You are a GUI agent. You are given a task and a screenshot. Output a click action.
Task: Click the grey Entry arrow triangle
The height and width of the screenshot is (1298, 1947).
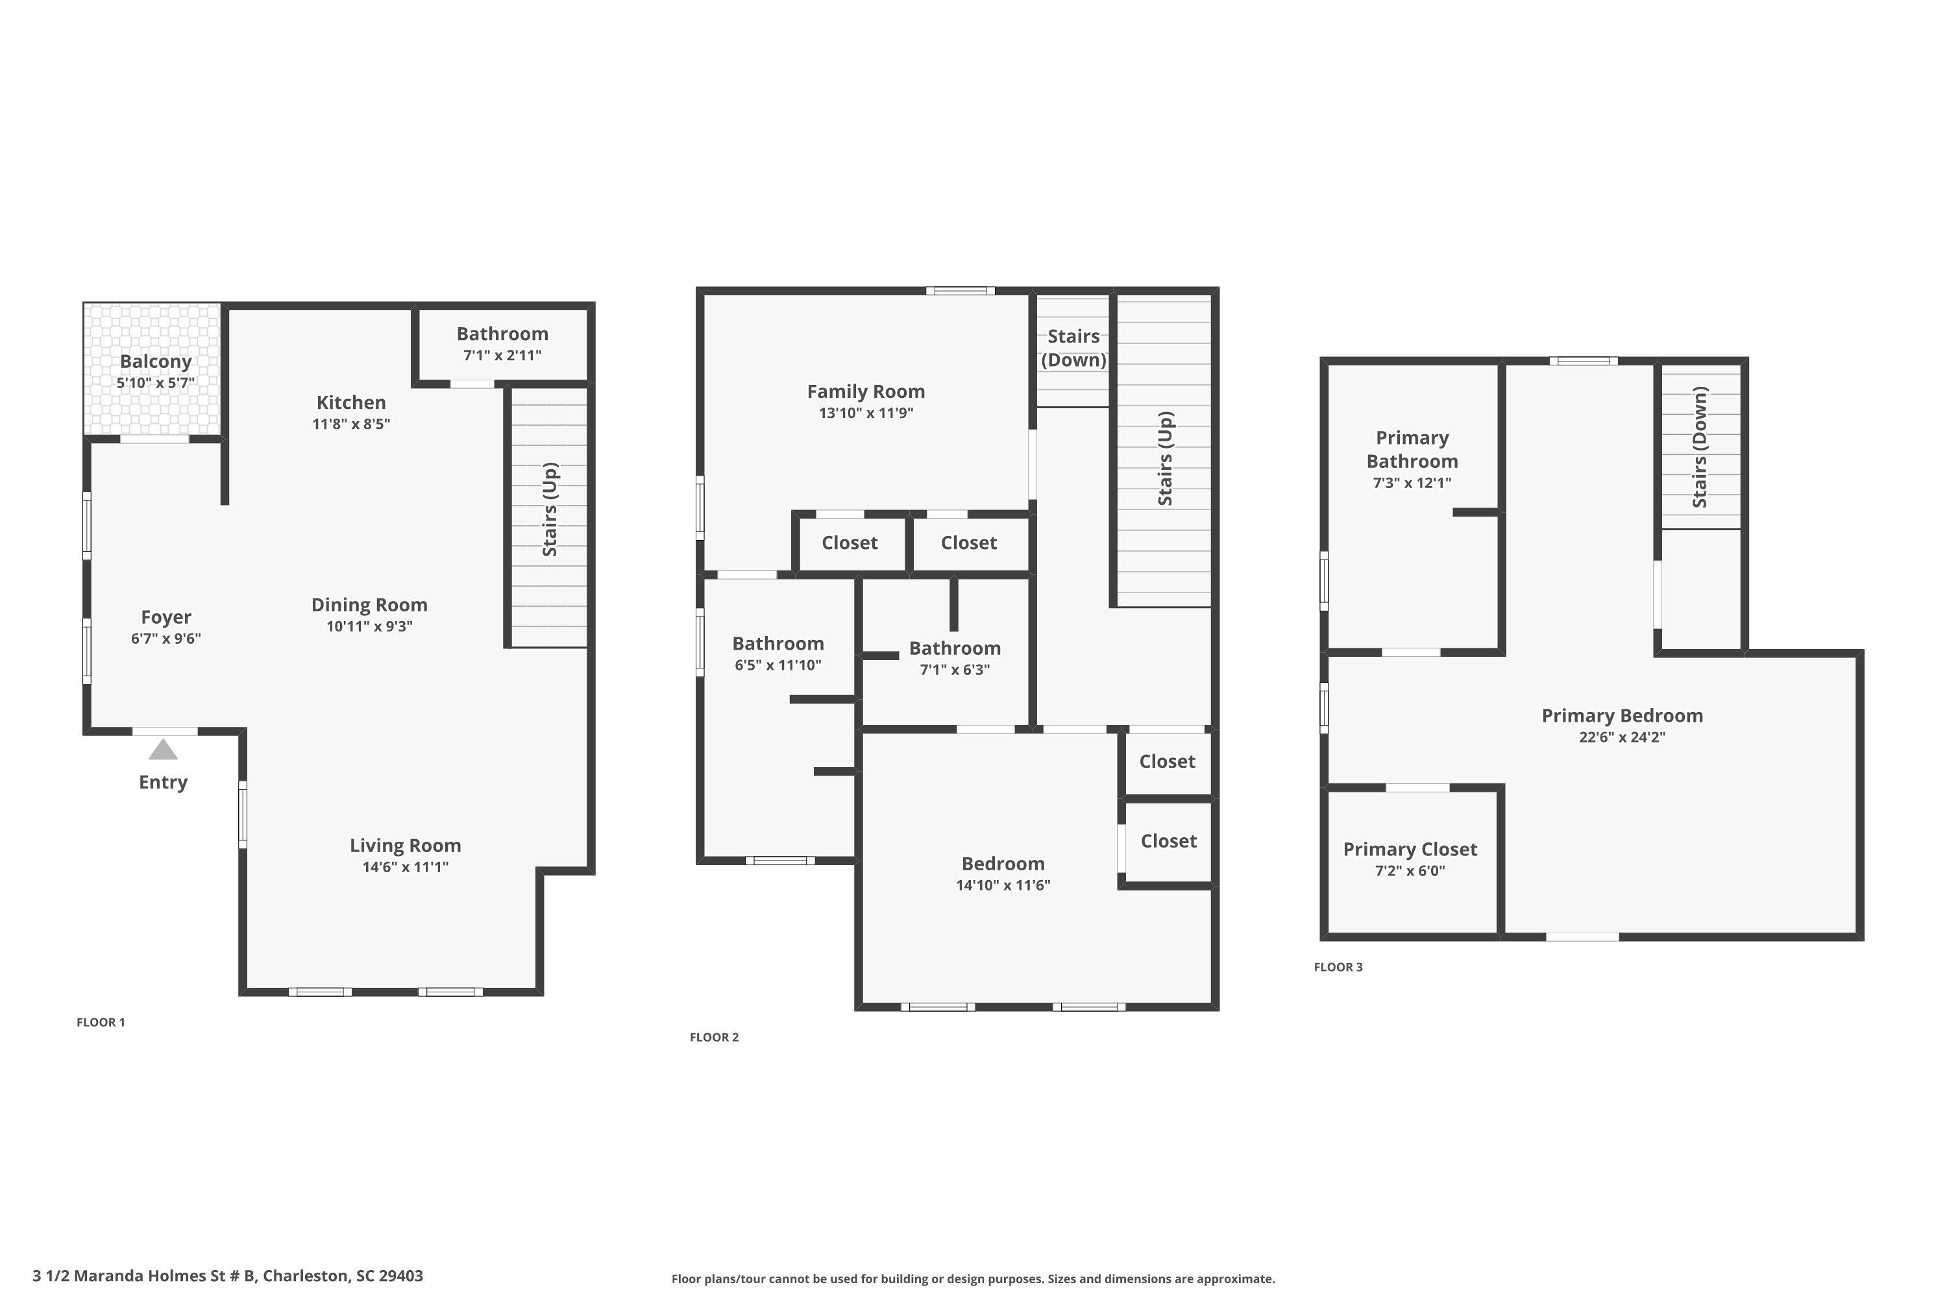click(163, 750)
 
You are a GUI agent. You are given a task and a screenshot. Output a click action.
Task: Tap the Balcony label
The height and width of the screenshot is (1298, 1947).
click(156, 361)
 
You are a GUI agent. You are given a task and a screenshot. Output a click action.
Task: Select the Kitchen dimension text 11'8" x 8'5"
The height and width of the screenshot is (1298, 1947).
click(351, 424)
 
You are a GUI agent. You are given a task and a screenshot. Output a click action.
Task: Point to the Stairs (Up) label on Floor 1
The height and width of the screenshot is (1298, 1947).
click(550, 509)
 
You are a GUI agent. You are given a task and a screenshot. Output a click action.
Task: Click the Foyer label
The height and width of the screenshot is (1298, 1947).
click(165, 618)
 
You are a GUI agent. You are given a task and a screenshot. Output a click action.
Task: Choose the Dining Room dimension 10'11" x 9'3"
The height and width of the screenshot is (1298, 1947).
click(369, 627)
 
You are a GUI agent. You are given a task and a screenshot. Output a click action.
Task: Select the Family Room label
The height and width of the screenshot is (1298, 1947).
click(866, 391)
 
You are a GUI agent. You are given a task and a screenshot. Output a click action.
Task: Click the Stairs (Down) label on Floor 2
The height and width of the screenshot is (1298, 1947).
click(1073, 348)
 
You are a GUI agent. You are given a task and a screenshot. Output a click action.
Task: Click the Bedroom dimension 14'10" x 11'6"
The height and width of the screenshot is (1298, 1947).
click(1003, 885)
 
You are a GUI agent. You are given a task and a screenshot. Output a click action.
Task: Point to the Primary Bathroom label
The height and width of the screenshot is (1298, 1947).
click(1412, 450)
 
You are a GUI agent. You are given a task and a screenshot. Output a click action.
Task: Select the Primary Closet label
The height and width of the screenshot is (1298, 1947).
click(1410, 850)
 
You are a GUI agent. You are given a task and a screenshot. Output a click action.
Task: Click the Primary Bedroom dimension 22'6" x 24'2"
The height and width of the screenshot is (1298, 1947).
click(1622, 737)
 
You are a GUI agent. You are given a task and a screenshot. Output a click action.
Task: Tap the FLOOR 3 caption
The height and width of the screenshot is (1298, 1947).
click(1338, 967)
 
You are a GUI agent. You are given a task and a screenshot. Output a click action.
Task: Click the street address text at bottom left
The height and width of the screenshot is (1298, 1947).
click(228, 1276)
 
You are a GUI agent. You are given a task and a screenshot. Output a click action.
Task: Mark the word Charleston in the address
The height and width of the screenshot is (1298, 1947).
click(306, 1276)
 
